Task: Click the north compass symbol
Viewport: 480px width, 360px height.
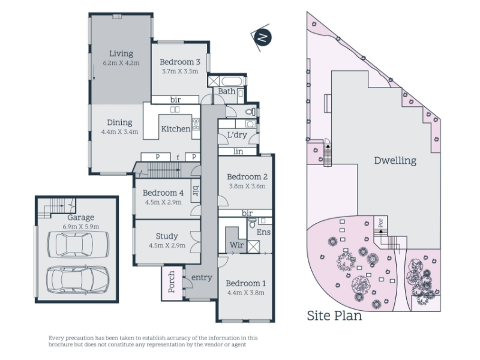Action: [261, 37]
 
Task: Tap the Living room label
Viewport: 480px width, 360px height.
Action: [121, 53]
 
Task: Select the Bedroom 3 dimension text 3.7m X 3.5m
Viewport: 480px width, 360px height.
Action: [180, 71]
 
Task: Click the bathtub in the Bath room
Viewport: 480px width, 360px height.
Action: [232, 82]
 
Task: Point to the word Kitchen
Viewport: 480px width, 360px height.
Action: [176, 129]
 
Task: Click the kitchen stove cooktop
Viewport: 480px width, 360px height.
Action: [196, 124]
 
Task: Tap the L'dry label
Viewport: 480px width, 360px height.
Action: [237, 134]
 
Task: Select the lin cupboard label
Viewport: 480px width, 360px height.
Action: [238, 151]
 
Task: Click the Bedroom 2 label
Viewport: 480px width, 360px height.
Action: [247, 176]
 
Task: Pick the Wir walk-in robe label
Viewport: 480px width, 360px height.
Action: [236, 245]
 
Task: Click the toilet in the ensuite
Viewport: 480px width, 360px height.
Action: [252, 223]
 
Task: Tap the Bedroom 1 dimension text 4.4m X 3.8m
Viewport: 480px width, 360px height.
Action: [246, 293]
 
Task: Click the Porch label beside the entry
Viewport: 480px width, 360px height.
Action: [172, 281]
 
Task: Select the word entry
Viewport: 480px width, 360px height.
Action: [202, 278]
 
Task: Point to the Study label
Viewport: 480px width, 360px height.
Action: [167, 236]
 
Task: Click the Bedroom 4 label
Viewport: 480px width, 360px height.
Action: [163, 193]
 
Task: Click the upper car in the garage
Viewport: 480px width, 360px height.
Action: [78, 244]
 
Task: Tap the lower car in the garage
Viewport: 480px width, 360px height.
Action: [77, 279]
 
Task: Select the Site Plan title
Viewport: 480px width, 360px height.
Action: [334, 316]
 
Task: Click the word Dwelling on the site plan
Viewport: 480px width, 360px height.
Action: [395, 161]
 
